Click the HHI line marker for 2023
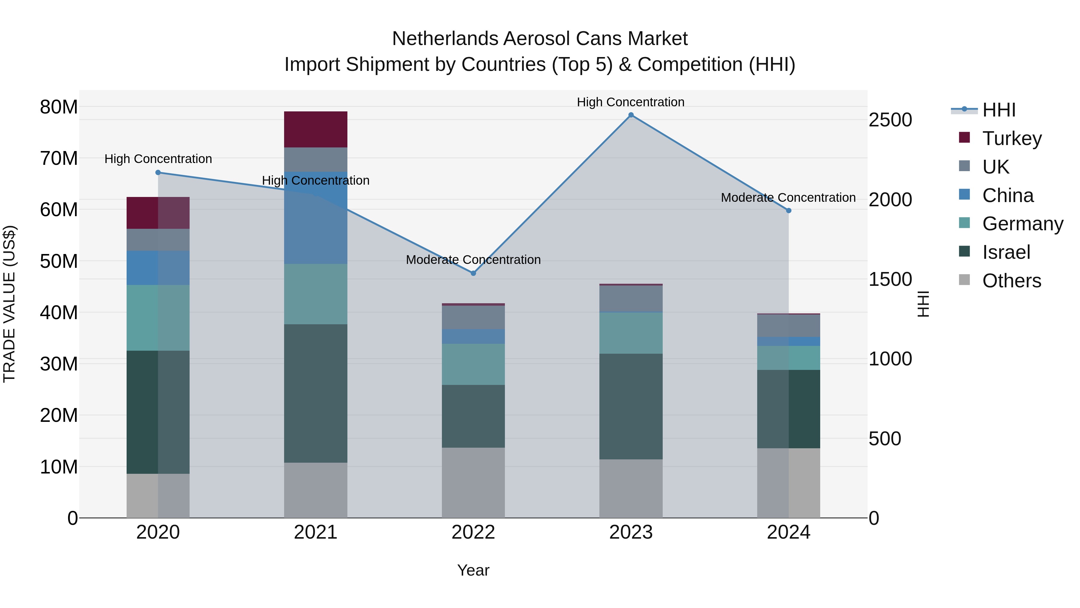coord(631,115)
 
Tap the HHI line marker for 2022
coord(473,273)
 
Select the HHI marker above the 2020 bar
coord(158,172)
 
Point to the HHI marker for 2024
coord(789,211)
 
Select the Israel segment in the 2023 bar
coord(631,406)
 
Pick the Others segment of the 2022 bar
coord(473,482)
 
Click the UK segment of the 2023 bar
coord(631,299)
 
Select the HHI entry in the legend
coord(999,110)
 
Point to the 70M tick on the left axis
coord(59,159)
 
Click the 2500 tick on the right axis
coord(890,120)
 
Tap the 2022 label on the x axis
coord(473,532)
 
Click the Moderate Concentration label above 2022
coord(473,260)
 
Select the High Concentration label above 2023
coord(631,102)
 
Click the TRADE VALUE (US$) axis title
coord(9,304)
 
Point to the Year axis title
coord(473,570)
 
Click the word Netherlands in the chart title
coord(445,39)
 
